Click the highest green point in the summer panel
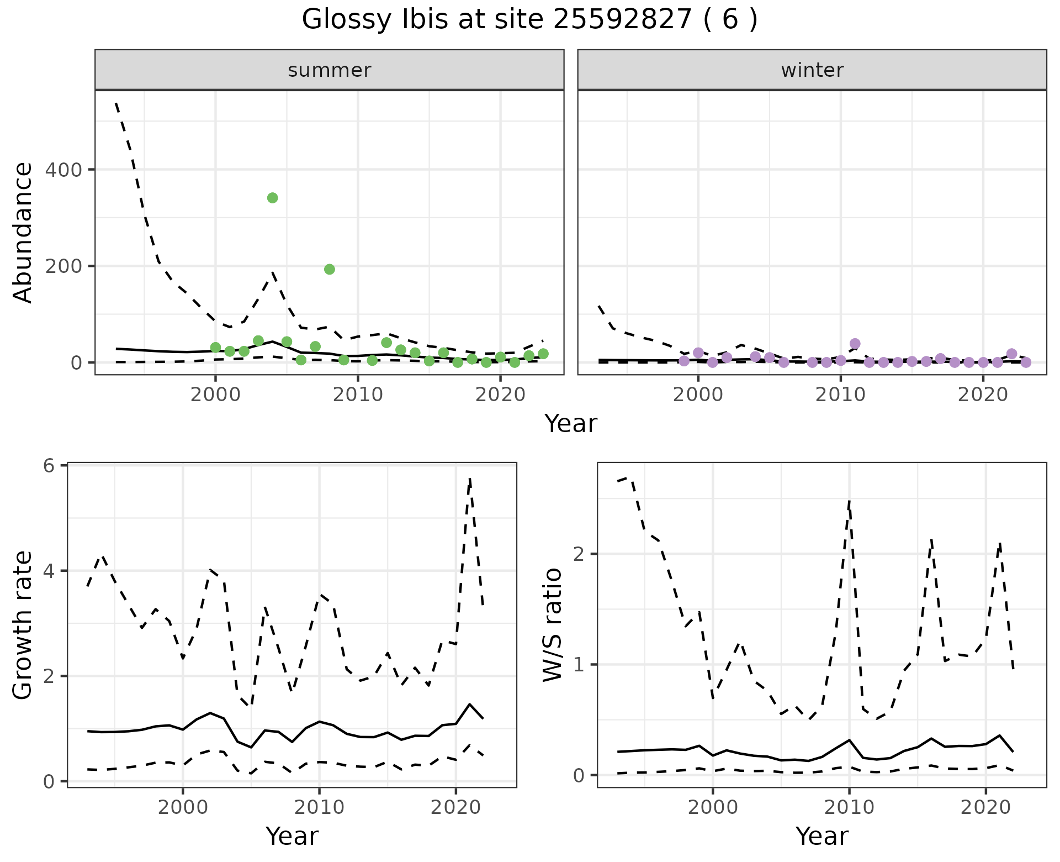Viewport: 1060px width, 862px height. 272,198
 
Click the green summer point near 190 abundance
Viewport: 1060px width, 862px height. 330,269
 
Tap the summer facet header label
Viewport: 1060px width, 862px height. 330,70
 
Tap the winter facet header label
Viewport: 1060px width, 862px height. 812,70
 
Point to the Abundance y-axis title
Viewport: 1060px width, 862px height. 23,233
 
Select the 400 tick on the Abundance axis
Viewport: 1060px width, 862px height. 63,170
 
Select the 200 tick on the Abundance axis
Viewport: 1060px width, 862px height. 63,266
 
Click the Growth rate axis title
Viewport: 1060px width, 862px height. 23,626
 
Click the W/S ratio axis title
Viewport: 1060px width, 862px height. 553,625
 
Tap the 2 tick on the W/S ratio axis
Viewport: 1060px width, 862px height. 579,554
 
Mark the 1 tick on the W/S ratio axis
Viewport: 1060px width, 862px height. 579,665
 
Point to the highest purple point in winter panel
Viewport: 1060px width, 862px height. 855,344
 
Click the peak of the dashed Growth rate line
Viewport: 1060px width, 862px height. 469,479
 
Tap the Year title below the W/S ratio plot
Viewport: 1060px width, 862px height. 821,837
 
